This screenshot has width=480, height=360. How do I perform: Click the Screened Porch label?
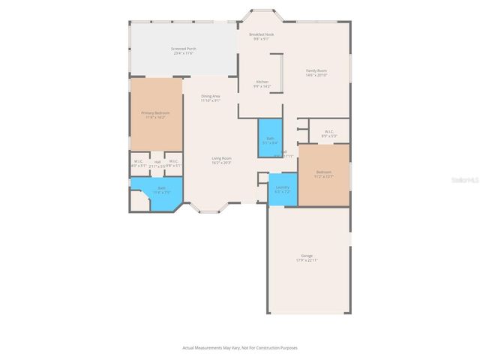click(x=183, y=49)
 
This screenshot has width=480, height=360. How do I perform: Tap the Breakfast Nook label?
click(x=261, y=34)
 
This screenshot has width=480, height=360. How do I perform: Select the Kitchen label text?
click(x=262, y=81)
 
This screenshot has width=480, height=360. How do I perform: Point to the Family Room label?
click(x=316, y=70)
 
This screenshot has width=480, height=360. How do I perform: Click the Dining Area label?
click(x=211, y=96)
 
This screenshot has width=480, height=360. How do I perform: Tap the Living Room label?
click(x=221, y=158)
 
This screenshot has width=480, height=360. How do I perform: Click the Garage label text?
click(x=307, y=256)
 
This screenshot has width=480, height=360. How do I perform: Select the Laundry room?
click(x=283, y=189)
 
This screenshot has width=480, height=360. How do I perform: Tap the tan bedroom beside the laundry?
click(x=324, y=174)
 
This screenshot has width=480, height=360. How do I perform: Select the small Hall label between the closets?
click(x=157, y=161)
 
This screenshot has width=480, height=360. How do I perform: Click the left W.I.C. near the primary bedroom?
click(x=139, y=163)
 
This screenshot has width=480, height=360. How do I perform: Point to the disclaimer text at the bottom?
click(x=240, y=347)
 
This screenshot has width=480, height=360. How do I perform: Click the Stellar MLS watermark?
click(x=463, y=180)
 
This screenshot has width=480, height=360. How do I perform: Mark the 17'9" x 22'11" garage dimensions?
click(x=307, y=260)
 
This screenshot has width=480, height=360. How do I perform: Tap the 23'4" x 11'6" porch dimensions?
click(x=183, y=53)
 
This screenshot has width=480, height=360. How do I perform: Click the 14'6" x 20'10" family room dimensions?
click(x=316, y=75)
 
